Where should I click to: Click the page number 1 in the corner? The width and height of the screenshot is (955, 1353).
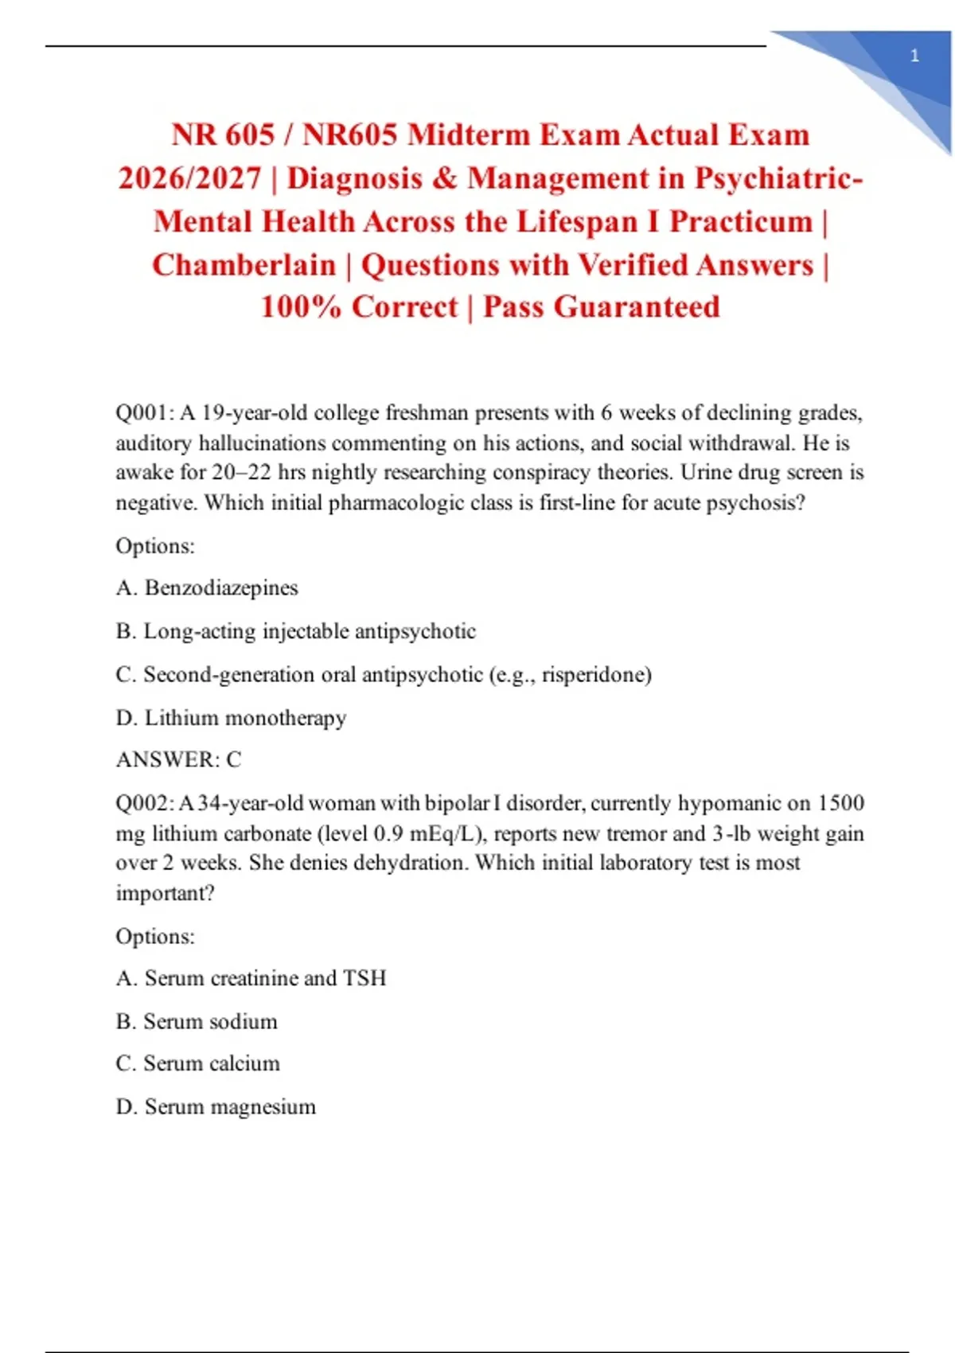point(914,56)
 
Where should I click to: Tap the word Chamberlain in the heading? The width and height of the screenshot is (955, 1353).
point(244,265)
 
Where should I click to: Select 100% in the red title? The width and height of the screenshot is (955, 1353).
point(300,307)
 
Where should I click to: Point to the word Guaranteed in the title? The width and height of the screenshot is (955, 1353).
point(637,307)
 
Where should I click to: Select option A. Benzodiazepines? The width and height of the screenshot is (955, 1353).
point(207,588)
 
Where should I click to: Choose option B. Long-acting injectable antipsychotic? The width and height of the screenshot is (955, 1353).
point(295,631)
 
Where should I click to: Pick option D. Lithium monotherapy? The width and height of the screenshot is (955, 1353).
point(231,718)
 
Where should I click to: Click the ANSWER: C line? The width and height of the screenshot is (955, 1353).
point(178,760)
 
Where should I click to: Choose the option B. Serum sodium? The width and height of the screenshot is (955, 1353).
point(197,1021)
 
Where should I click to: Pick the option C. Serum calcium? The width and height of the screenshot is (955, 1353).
point(197,1064)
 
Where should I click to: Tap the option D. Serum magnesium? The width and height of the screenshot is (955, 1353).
point(216,1107)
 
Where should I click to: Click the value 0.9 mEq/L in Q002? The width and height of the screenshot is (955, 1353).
point(428,833)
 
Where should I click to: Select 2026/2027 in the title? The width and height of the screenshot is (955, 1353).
point(189,178)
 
